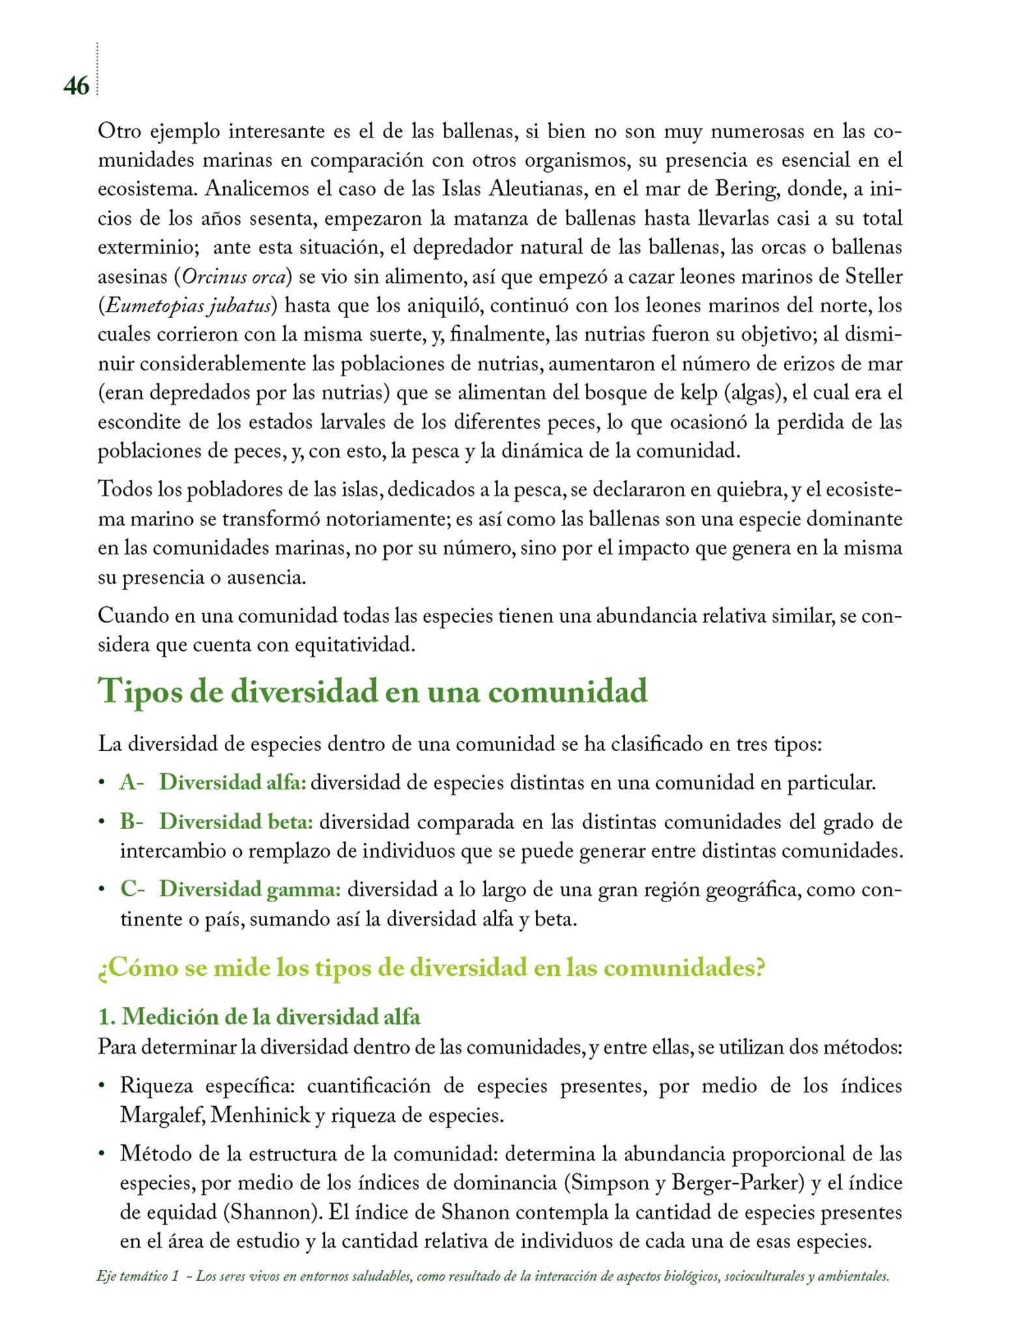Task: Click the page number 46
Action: point(76,86)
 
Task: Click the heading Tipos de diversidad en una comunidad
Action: point(373,691)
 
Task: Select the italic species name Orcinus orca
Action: point(234,277)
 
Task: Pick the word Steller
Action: point(874,277)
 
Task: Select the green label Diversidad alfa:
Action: point(233,782)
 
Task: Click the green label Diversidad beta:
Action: point(236,822)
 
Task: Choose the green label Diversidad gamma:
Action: point(250,889)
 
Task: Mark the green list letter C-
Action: point(132,889)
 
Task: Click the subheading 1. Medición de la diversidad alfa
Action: point(259,1016)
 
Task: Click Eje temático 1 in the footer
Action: point(137,1276)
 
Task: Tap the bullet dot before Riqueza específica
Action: point(102,1087)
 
